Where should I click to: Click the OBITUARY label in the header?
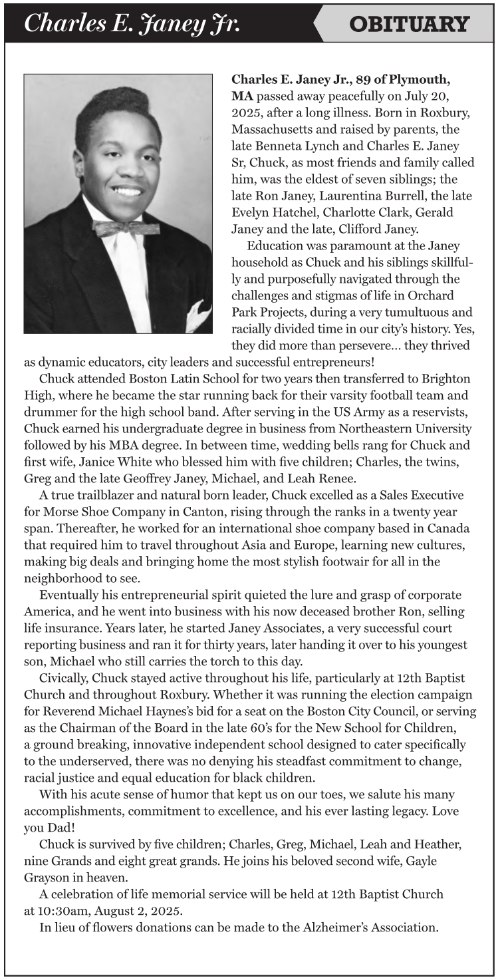(409, 24)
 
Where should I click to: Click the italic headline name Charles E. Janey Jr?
(132, 24)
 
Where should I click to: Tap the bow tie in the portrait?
(126, 228)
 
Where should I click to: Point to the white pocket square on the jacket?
(199, 315)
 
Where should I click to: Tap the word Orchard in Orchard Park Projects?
(436, 296)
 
